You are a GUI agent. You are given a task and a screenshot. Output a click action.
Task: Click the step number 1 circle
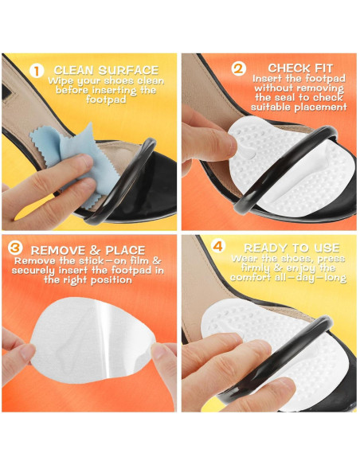pos(37,71)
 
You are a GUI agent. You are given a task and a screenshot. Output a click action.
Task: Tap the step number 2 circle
pos(238,68)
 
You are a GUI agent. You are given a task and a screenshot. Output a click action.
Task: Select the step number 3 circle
pos(15,248)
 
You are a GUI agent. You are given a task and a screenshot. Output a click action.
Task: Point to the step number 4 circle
pos(218,246)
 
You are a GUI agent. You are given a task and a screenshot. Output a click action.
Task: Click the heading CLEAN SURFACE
pos(106,70)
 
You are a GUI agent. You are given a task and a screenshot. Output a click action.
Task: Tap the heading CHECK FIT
pos(300,68)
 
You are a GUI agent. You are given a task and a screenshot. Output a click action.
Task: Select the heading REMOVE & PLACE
pos(88,250)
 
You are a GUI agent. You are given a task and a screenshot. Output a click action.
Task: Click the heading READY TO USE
pos(292,248)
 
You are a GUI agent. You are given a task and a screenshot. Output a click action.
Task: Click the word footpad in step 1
pos(106,100)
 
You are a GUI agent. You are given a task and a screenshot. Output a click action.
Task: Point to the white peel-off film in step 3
pos(92,339)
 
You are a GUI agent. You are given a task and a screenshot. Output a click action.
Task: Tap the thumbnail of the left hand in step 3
pos(28,352)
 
